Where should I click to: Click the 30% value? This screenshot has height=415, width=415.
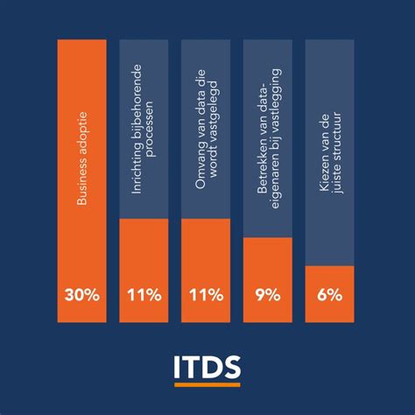[81, 295]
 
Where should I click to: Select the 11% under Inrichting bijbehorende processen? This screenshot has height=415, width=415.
[144, 295]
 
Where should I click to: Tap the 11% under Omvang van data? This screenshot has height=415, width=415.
[206, 295]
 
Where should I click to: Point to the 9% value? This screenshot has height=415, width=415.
[267, 295]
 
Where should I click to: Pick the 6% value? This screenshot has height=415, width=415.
[330, 295]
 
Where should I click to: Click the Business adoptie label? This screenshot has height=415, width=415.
[82, 164]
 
